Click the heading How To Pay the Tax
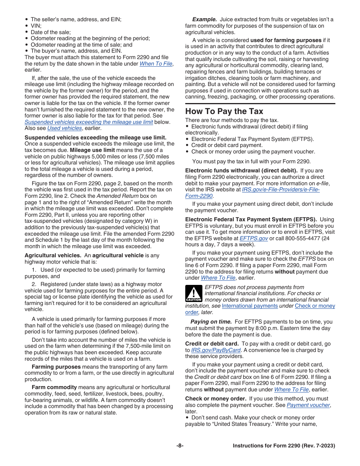tap(224, 111)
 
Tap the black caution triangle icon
tap(193, 294)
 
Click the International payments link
tap(250, 306)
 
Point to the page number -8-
tap(180, 446)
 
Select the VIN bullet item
tap(36, 26)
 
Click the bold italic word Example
tap(204, 19)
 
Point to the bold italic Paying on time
tap(211, 322)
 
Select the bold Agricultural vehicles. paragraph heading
tap(53, 255)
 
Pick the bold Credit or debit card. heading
tap(212, 344)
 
